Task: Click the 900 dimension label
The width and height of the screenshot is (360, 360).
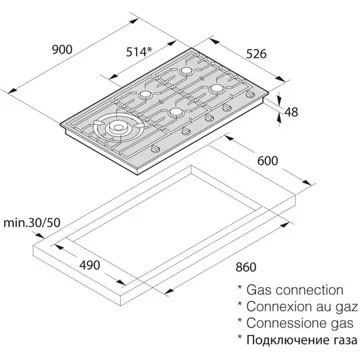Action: pos(62,49)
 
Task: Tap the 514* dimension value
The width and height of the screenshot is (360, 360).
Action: pos(139,52)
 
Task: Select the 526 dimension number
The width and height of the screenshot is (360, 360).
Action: pos(256,54)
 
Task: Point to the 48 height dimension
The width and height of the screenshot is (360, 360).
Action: pos(291,112)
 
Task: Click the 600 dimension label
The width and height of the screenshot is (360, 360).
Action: pos(267,161)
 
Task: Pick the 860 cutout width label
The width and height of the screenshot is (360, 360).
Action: pos(245,267)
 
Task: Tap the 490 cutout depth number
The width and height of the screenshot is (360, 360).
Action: pos(90,265)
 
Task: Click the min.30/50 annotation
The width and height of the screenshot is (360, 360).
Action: pos(32,222)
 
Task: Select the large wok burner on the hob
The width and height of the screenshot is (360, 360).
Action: pos(117,127)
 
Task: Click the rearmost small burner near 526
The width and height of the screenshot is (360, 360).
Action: pos(185,71)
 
